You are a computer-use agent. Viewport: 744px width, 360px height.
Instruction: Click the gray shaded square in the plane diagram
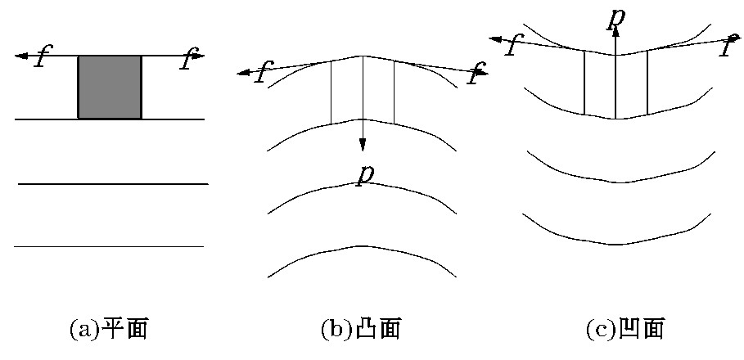[110, 88]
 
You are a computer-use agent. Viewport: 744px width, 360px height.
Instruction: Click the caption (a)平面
[109, 329]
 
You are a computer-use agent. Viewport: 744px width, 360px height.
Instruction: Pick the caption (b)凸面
[361, 329]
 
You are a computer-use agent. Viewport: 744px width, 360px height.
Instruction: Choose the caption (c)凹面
[625, 329]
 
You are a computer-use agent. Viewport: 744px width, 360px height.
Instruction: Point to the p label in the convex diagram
[365, 174]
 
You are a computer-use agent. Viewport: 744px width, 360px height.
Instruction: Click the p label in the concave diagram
[615, 17]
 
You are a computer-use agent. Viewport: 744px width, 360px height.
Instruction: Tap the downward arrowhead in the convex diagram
[363, 144]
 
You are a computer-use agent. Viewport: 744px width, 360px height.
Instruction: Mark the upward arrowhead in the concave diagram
[615, 31]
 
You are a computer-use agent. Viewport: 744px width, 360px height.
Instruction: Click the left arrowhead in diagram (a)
[21, 56]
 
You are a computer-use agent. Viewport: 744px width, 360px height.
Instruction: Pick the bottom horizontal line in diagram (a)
[109, 246]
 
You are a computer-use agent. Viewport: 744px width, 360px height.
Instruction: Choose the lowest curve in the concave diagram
[616, 244]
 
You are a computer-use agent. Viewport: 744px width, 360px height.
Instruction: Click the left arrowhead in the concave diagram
[495, 39]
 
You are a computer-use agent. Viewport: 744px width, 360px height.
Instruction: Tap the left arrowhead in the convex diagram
[243, 73]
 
